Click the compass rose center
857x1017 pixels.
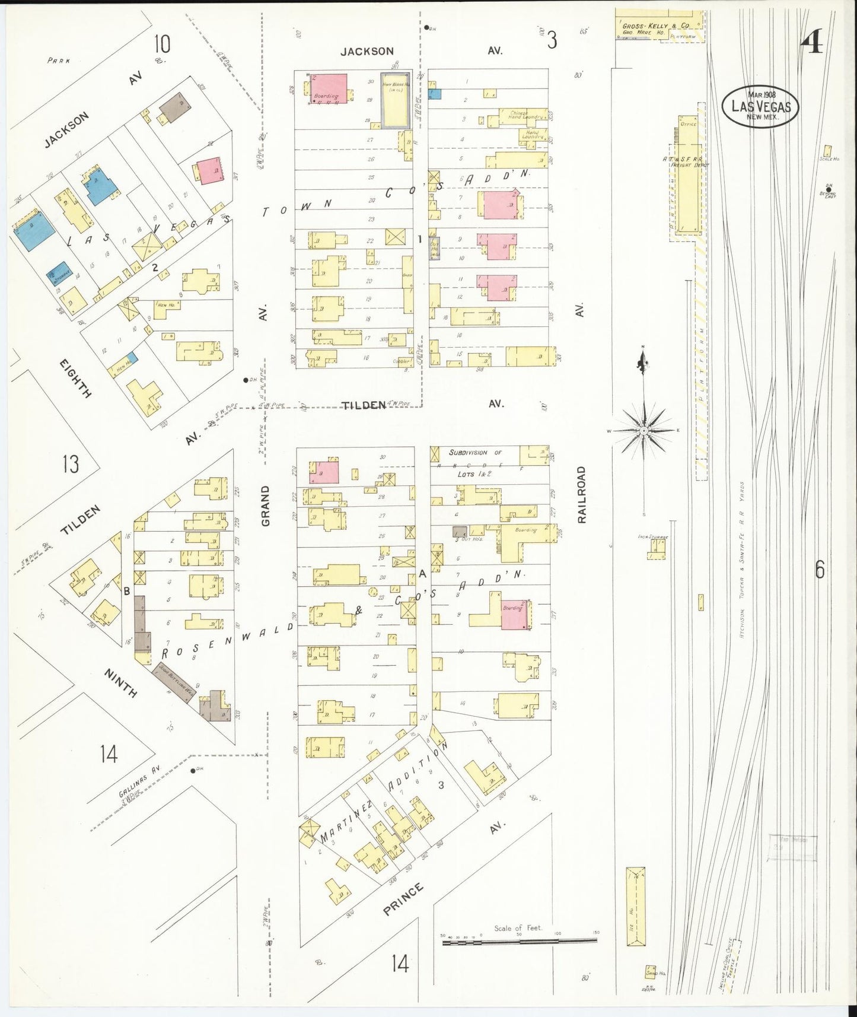pos(643,429)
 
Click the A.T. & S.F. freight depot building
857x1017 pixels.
pos(688,172)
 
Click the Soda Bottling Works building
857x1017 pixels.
pos(174,679)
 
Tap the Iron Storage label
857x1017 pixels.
pos(653,537)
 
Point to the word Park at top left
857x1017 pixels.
pos(59,61)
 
